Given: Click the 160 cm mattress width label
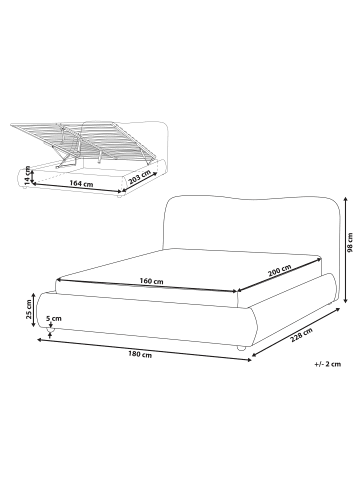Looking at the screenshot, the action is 151,281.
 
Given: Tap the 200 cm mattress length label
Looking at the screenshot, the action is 280,270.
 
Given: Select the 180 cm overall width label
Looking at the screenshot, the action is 140,355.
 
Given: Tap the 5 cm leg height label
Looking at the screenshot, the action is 54,318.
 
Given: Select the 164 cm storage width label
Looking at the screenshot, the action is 81,183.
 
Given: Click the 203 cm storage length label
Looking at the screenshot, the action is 139,178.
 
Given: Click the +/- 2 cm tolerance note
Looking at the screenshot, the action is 327,364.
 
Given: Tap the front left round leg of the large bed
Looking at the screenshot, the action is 51,330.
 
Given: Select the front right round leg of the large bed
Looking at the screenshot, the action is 241,348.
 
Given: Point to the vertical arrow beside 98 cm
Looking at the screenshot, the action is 346,250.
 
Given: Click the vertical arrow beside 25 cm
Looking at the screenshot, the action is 34,311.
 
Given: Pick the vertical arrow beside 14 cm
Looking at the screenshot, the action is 32,176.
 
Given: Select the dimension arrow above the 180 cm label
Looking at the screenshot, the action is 144,350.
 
